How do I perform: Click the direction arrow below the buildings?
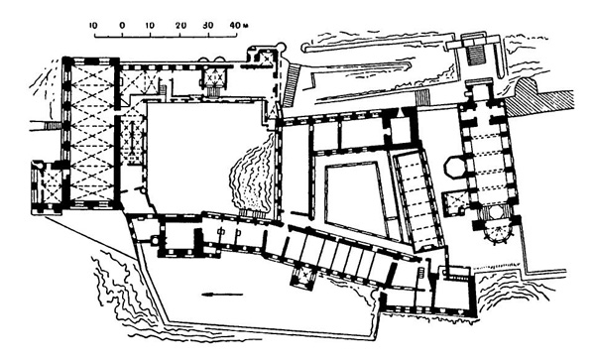click(220, 294)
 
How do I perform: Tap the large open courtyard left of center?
click(193, 149)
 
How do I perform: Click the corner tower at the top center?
click(262, 60)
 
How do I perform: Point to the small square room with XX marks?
click(212, 75)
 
